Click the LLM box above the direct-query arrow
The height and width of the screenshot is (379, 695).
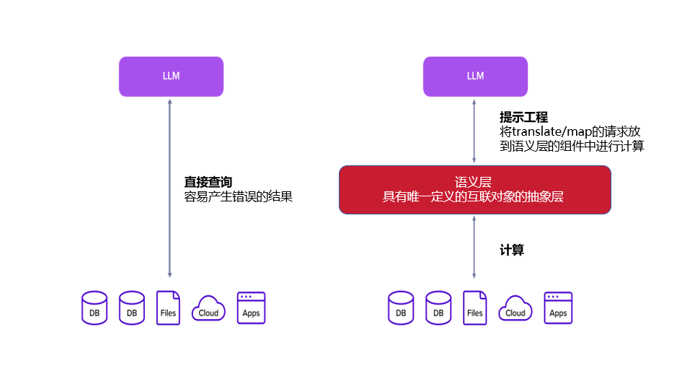click(171, 76)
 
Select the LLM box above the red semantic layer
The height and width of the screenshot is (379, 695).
click(475, 76)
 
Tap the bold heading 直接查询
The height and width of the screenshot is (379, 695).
click(208, 182)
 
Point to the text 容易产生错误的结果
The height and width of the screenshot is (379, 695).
click(239, 196)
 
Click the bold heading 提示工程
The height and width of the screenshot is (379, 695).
click(523, 117)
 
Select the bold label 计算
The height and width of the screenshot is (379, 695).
click(512, 250)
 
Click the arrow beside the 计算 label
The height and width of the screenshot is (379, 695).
click(474, 247)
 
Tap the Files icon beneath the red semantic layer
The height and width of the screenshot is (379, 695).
click(474, 308)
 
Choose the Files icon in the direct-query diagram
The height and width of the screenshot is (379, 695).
click(168, 308)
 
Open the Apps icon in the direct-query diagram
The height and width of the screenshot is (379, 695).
click(251, 308)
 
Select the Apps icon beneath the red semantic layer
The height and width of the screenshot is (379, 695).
click(558, 308)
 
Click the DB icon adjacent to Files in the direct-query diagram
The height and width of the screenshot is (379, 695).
click(132, 308)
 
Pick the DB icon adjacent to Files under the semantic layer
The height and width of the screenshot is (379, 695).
click(438, 308)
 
